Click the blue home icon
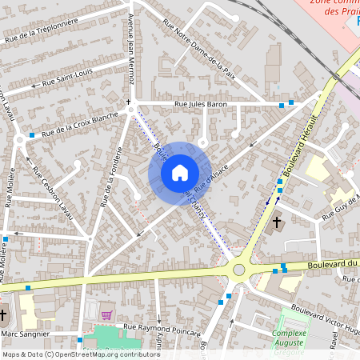[179, 173]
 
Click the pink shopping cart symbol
[107, 314]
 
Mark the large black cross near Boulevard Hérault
[277, 221]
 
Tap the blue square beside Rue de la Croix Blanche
[32, 135]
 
